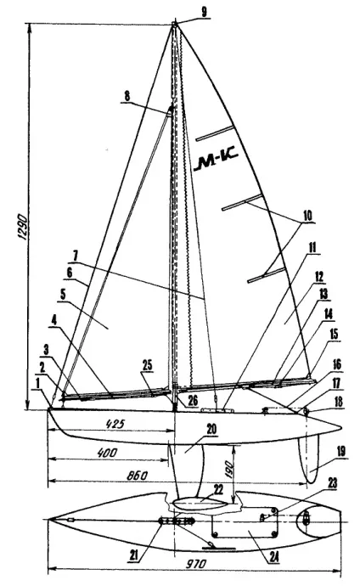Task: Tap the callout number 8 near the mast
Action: tap(127, 96)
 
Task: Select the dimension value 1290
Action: tap(22, 227)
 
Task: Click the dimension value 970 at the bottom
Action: tap(195, 563)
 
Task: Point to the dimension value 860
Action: tap(138, 476)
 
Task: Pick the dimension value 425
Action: tap(115, 424)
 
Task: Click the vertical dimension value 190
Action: tap(229, 468)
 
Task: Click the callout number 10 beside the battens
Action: tap(307, 216)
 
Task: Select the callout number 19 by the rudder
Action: tap(341, 452)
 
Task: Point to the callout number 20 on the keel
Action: tap(211, 429)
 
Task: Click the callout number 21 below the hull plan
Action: tap(133, 556)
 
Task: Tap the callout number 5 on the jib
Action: tap(63, 294)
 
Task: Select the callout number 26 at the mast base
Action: tap(193, 402)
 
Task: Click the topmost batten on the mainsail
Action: tap(214, 133)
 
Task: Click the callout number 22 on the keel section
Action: tap(218, 488)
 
